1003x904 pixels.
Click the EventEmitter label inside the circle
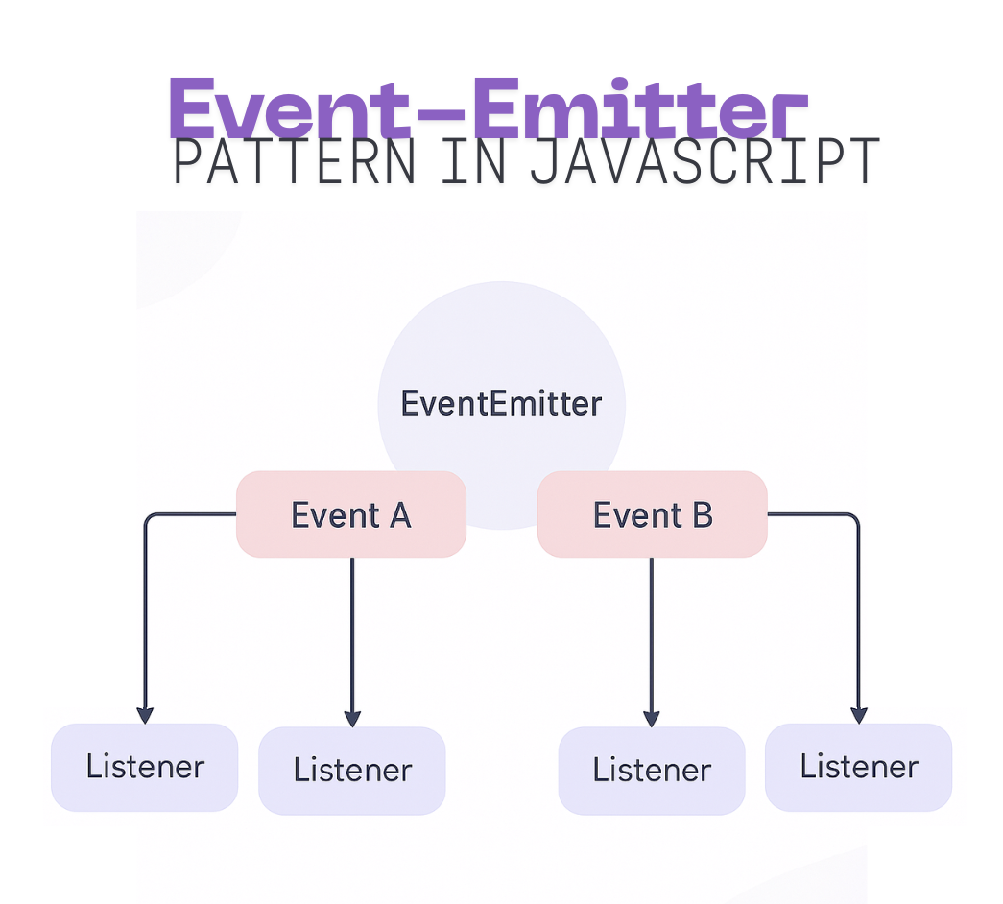[x=501, y=403]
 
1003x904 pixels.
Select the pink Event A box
[x=351, y=514]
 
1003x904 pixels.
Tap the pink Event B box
[x=653, y=514]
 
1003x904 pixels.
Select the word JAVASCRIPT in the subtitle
[x=704, y=163]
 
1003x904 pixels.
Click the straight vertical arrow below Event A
[x=352, y=633]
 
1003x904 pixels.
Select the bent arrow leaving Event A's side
[x=146, y=595]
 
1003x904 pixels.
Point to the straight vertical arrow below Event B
[x=652, y=633]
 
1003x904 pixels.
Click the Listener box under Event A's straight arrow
[x=352, y=770]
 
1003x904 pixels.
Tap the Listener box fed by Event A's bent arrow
[x=145, y=767]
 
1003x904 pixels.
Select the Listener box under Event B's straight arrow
[x=652, y=770]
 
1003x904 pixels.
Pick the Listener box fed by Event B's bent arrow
[x=859, y=767]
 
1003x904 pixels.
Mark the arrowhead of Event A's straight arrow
[x=352, y=718]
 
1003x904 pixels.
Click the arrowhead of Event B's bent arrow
[x=859, y=716]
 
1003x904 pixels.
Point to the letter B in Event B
[x=702, y=515]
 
